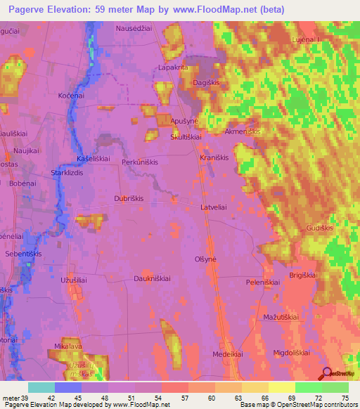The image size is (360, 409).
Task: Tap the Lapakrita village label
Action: point(173,67)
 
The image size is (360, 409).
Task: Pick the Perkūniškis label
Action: point(140,162)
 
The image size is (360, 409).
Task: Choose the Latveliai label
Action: point(214,208)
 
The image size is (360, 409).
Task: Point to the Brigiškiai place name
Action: point(304,276)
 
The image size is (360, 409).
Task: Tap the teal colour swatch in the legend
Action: point(41,387)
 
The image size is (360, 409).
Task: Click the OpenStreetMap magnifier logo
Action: point(326,372)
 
